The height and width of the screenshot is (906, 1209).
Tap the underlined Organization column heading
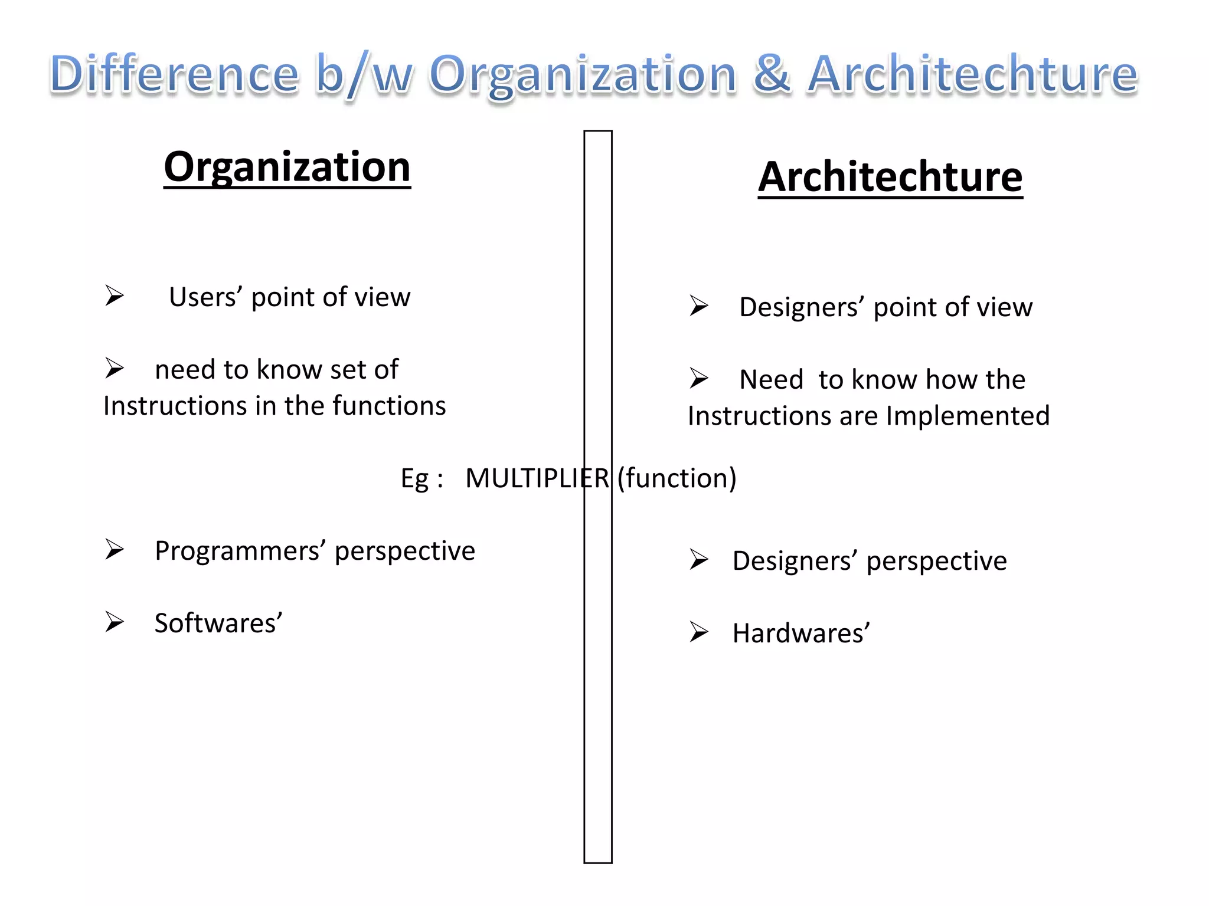pos(287,168)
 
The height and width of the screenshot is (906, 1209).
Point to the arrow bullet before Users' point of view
pos(115,296)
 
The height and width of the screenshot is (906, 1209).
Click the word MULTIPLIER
pos(537,478)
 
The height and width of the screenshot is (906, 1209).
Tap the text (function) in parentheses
pos(677,478)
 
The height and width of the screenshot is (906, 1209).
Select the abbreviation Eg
pos(414,478)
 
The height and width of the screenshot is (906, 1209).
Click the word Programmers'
pos(240,551)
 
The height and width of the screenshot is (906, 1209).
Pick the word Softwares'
pos(218,623)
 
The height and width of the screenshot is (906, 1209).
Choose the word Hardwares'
pos(801,633)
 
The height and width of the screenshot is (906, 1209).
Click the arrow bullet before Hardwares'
pos(699,632)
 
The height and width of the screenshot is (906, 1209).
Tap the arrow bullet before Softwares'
pos(115,622)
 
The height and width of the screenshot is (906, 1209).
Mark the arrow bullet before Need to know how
pos(699,378)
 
